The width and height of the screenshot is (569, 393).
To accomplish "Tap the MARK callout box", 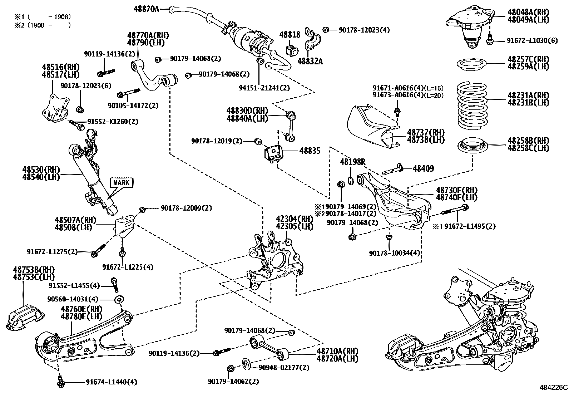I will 122,183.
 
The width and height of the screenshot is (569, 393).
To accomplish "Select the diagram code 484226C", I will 553,387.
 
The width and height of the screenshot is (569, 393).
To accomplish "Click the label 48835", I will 310,151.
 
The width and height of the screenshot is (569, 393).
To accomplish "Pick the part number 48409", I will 424,168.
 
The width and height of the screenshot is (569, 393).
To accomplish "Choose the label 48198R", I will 352,162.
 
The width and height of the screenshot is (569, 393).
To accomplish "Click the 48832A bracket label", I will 310,62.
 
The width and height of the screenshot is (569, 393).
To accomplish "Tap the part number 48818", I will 290,35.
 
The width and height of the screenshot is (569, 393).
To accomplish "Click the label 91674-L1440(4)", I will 111,382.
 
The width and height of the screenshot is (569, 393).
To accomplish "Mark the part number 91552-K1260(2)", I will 113,122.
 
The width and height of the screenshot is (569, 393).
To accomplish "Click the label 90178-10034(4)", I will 395,253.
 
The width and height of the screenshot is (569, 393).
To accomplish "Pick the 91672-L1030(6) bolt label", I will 532,41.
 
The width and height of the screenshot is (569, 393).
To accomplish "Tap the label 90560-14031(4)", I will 73,299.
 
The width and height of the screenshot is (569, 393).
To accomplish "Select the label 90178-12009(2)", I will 186,208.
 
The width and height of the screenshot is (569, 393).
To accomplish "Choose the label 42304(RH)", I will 294,219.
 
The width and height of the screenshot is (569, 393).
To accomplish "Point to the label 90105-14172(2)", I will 133,105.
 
